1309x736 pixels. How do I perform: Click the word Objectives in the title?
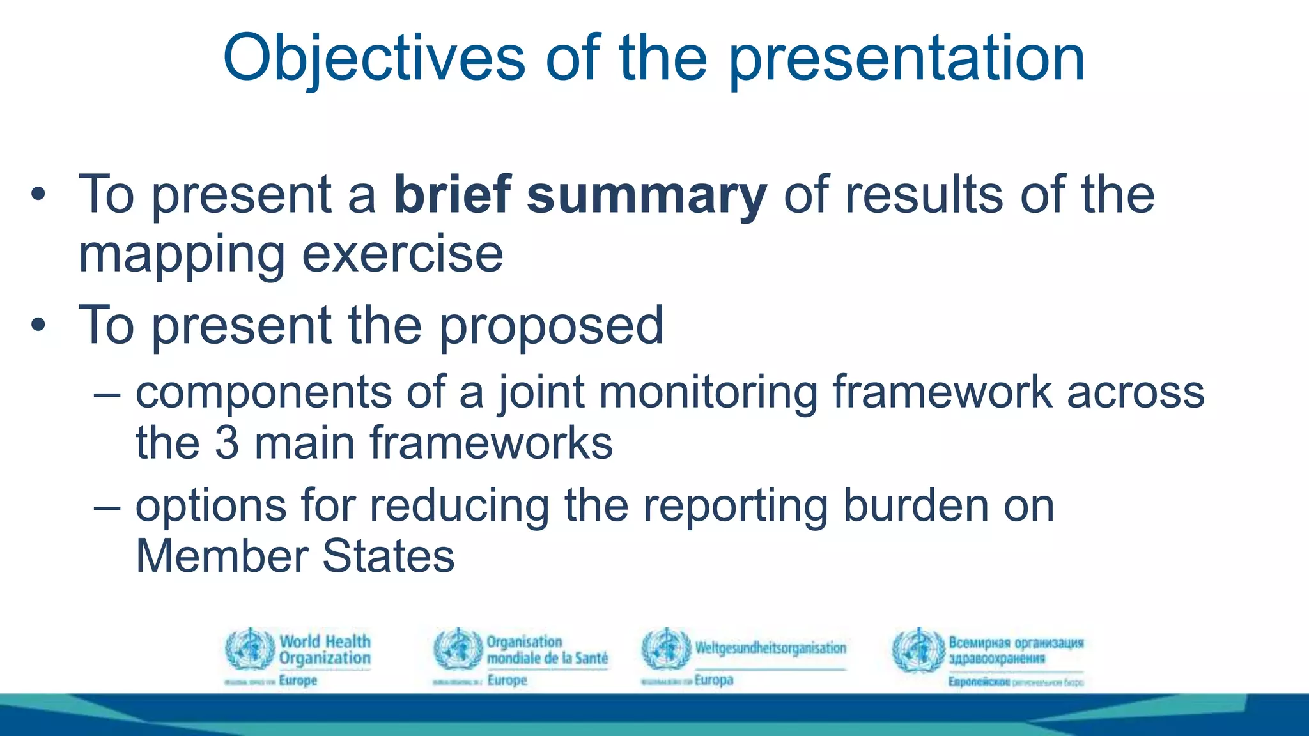pos(374,59)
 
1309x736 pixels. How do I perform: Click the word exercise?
pos(402,255)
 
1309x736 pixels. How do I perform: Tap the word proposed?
pos(551,326)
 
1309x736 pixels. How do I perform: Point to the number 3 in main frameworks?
pos(226,443)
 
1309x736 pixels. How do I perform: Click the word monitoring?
pos(708,392)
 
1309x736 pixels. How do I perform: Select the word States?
pos(388,556)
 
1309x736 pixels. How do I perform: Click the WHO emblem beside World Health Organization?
pos(250,648)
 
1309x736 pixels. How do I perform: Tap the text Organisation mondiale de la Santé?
pos(546,650)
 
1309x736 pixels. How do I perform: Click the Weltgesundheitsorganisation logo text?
pos(770,648)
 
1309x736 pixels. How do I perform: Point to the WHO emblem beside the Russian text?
pos(918,650)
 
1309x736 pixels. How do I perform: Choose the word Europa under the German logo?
pos(713,680)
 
